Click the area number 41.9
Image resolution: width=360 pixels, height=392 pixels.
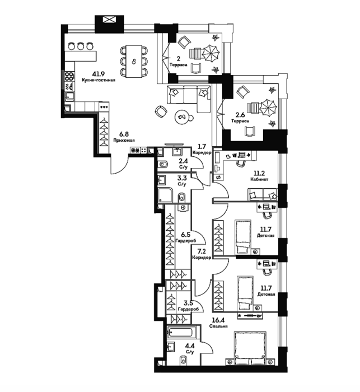98,74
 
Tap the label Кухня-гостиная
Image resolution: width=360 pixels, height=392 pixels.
98,80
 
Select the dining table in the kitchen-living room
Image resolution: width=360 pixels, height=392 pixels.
134,61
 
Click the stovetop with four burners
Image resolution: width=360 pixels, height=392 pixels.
69,76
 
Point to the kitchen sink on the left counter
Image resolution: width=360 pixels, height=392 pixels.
69,96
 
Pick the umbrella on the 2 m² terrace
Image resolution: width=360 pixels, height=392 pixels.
211,53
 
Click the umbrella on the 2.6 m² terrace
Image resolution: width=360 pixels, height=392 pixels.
268,108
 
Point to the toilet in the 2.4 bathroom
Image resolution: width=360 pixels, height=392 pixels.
163,165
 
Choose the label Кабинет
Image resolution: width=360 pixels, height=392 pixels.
259,179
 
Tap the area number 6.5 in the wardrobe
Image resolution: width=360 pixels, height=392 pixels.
186,235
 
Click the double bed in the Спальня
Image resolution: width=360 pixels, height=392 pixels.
250,348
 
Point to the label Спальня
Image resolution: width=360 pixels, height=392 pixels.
218,326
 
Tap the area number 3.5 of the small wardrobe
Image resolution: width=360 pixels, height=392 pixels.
188,304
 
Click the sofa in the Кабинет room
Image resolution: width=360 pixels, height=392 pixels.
263,194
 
